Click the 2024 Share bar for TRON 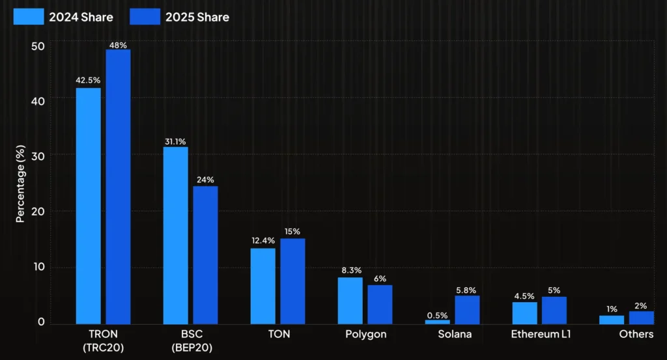[88, 206]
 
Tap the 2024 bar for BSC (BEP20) [175, 235]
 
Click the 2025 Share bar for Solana [467, 310]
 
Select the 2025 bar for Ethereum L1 [554, 311]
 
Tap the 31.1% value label [175, 141]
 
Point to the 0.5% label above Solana [437, 315]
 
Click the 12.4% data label [263, 242]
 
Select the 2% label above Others [641, 305]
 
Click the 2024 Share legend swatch [29, 17]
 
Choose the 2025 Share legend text [197, 17]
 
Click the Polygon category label [366, 334]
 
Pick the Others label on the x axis [636, 334]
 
